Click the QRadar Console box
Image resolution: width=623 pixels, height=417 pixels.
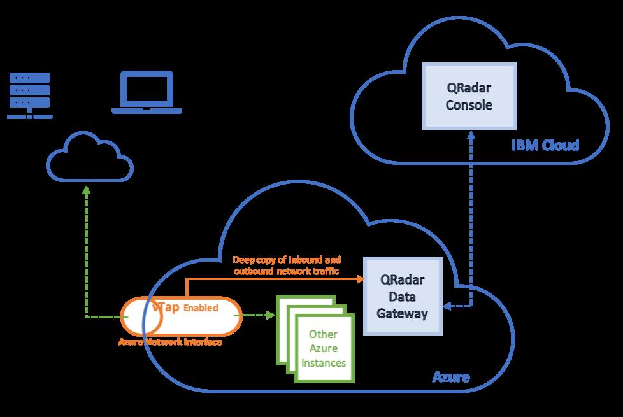[469, 95]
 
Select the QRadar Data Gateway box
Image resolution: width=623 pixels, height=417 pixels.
[403, 296]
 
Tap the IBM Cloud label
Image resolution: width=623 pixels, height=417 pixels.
[546, 145]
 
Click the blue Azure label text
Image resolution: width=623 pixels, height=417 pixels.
[451, 377]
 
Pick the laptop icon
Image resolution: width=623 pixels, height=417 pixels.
[147, 93]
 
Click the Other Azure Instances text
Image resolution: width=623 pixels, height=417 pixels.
[323, 349]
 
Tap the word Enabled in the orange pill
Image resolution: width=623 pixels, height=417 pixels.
[201, 308]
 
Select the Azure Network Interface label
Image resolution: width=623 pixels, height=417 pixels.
[170, 342]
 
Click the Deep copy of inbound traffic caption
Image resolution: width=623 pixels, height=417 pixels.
[287, 265]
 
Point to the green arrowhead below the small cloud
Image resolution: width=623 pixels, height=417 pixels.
[87, 190]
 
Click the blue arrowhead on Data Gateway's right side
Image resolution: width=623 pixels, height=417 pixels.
[447, 306]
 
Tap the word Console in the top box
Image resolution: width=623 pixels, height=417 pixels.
[469, 105]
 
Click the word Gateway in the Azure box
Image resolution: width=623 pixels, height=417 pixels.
[403, 313]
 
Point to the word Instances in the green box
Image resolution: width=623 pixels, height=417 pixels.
[323, 363]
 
